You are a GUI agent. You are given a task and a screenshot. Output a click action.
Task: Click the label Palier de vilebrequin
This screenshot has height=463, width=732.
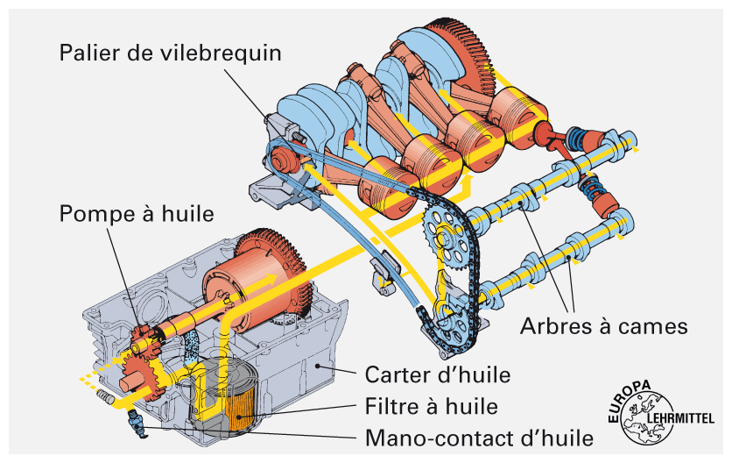pos(171,53)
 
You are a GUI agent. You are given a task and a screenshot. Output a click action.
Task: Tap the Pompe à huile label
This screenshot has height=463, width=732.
pos(137,212)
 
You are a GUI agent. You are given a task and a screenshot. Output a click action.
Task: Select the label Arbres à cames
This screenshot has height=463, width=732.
pos(604,326)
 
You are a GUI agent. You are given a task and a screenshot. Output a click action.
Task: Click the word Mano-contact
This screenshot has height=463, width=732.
pos(435,436)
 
